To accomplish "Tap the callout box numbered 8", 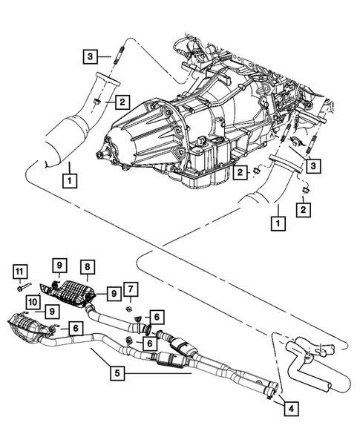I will point(88,266).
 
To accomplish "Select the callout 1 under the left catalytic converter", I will point(68,179).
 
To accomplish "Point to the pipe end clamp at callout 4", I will point(271,388).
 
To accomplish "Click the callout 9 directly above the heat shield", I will point(59,265).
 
